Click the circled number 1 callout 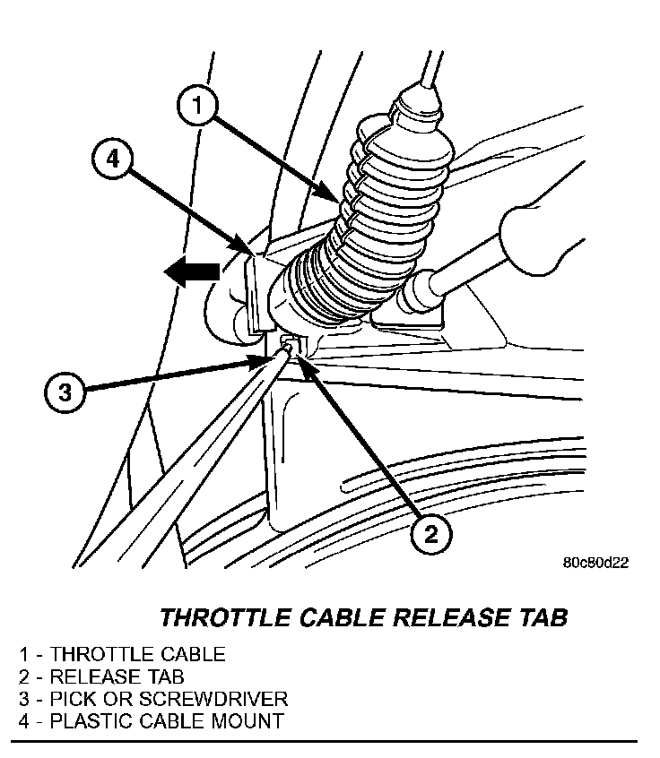click(198, 108)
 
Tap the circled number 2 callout click(431, 535)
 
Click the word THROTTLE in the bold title click(221, 618)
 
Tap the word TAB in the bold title click(543, 618)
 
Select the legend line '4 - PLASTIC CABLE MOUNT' click(151, 720)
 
